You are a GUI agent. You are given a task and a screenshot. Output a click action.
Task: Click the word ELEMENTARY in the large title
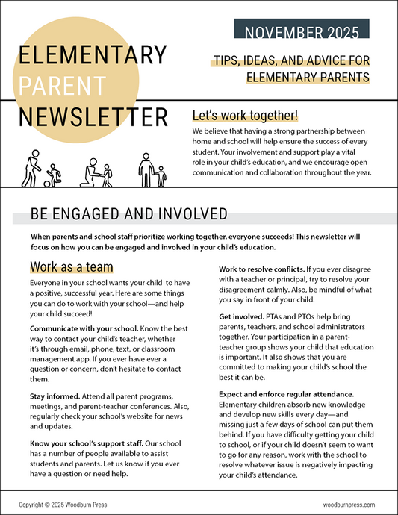(93, 55)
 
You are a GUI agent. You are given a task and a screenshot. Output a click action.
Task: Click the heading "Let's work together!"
(245, 116)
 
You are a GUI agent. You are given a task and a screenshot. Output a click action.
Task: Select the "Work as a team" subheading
(72, 267)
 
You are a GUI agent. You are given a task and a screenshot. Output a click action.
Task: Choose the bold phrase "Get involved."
(243, 316)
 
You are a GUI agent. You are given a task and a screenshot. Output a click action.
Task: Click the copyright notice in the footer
(63, 505)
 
